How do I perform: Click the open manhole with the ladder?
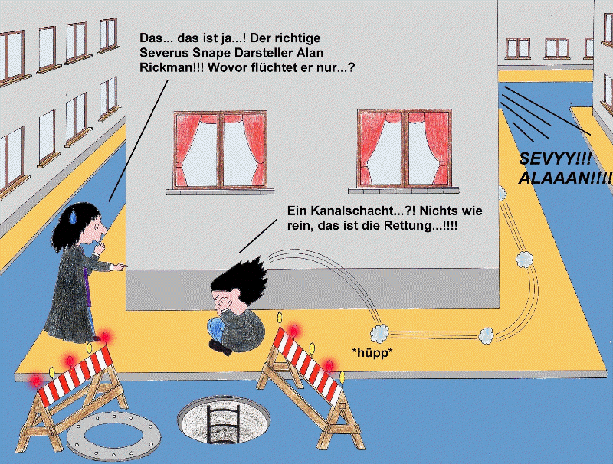(x=224, y=420)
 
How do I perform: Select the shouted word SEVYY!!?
(x=555, y=158)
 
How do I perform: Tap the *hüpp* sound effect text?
(x=372, y=353)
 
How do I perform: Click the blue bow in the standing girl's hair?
(x=73, y=215)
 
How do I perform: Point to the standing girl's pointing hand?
(x=119, y=267)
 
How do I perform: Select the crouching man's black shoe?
(x=220, y=347)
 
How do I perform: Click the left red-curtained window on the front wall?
(x=221, y=150)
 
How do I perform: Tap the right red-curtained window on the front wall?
(x=405, y=149)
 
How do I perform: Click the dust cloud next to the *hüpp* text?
(x=379, y=333)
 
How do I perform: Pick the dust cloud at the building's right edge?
(x=502, y=193)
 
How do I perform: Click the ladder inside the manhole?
(x=223, y=423)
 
